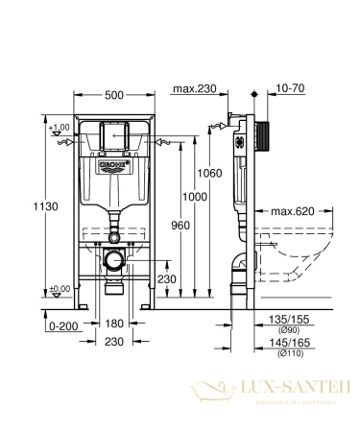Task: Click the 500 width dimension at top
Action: [x=114, y=95]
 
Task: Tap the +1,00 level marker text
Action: [x=60, y=128]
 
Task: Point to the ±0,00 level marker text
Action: [x=60, y=288]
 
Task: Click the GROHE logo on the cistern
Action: [x=114, y=165]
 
